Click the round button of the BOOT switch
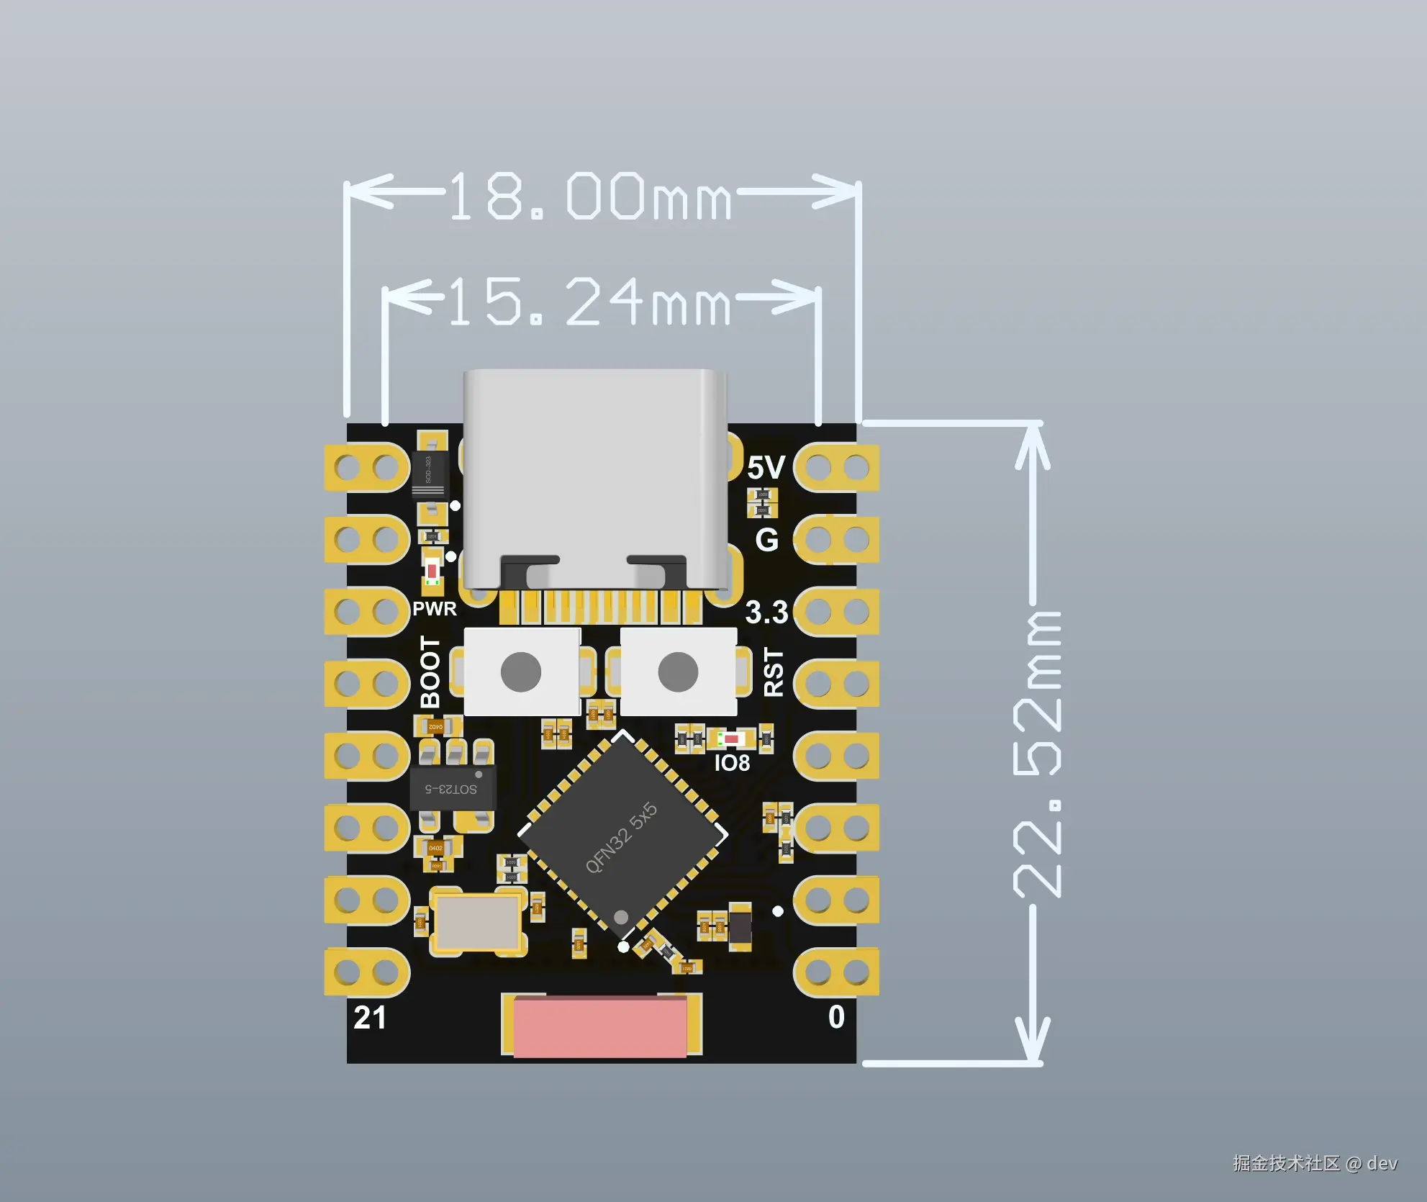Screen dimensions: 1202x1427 coord(521,672)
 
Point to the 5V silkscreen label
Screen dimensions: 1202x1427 coord(766,468)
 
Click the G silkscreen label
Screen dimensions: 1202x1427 coord(767,540)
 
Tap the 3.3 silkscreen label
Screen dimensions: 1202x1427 coord(766,613)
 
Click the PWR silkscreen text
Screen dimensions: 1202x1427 coord(434,609)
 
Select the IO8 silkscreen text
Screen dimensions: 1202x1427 coord(732,763)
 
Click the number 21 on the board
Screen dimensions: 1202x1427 coord(370,1018)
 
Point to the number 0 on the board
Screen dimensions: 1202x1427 coord(836,1017)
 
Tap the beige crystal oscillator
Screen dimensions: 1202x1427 coord(478,923)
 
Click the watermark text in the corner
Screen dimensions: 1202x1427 coord(1315,1163)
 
